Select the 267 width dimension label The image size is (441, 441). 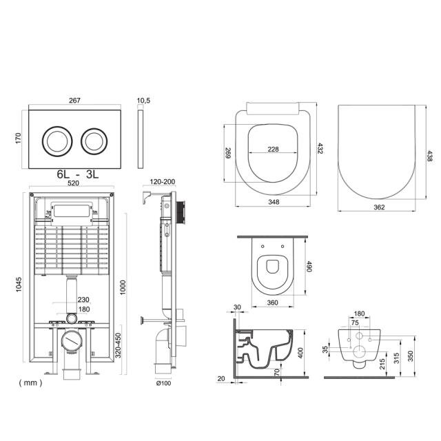click(74, 101)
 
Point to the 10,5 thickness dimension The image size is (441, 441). click(143, 101)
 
